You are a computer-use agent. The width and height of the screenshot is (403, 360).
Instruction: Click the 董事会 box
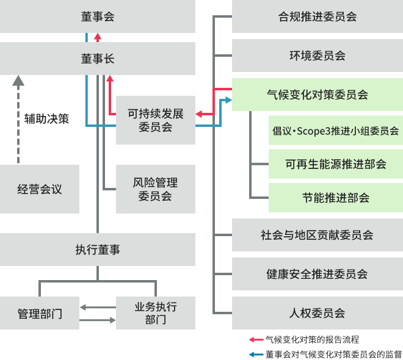(98, 16)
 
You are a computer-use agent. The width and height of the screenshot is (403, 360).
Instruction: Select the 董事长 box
(98, 59)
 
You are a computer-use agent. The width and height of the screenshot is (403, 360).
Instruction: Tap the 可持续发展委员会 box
(155, 120)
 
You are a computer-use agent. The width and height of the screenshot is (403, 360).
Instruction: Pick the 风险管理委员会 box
(155, 189)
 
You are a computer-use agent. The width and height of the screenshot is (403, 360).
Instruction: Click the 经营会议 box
(40, 189)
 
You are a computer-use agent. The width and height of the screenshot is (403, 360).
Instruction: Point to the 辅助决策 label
(46, 118)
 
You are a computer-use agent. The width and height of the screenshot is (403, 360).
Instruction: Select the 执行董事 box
(98, 249)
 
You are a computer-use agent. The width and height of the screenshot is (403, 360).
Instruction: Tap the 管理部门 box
(40, 314)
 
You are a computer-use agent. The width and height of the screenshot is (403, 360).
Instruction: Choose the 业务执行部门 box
(156, 314)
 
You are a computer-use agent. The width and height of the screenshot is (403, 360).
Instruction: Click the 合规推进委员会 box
(318, 16)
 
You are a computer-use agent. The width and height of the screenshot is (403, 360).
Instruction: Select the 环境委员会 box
(318, 56)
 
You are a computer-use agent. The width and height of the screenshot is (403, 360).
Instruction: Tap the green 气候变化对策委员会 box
(318, 95)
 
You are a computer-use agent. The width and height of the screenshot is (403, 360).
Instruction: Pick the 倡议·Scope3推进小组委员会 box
(336, 131)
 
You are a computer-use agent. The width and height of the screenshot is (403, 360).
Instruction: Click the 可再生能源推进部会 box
(336, 164)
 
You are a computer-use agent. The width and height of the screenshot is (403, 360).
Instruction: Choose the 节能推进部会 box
(336, 198)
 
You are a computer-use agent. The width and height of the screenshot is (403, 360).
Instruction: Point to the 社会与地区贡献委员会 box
(318, 235)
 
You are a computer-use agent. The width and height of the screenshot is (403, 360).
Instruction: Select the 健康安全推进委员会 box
(318, 274)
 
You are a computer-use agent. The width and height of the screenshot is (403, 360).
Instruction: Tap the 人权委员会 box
(318, 313)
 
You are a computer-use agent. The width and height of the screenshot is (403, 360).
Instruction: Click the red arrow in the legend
(255, 339)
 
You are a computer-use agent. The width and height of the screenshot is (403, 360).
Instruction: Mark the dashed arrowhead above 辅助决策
(18, 80)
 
